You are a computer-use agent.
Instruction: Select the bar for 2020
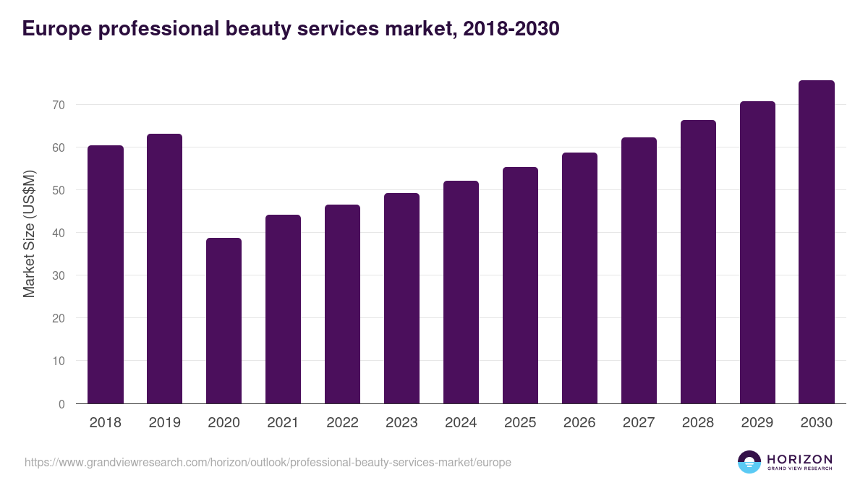pyautogui.click(x=224, y=321)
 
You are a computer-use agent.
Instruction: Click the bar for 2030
pyautogui.click(x=817, y=242)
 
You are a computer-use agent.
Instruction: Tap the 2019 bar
pyautogui.click(x=164, y=269)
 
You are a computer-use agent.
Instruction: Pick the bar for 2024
pyautogui.click(x=461, y=292)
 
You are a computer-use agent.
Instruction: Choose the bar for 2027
pyautogui.click(x=639, y=270)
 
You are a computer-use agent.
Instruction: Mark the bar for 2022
pyautogui.click(x=342, y=304)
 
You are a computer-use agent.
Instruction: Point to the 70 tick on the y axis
pyautogui.click(x=59, y=105)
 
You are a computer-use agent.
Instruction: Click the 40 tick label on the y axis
pyautogui.click(x=59, y=233)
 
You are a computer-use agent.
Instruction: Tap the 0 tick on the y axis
pyautogui.click(x=61, y=404)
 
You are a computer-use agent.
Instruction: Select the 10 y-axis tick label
pyautogui.click(x=59, y=361)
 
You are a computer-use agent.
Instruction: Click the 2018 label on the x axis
pyautogui.click(x=105, y=423)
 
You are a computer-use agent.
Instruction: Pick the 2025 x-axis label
pyautogui.click(x=520, y=423)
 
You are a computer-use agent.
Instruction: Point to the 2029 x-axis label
pyautogui.click(x=757, y=423)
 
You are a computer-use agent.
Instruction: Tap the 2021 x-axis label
pyautogui.click(x=283, y=423)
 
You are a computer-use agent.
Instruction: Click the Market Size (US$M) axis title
pyautogui.click(x=29, y=234)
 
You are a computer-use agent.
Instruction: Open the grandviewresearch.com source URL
pyautogui.click(x=268, y=462)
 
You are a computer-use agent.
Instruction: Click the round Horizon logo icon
pyautogui.click(x=749, y=462)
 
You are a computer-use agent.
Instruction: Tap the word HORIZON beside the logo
pyautogui.click(x=799, y=458)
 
